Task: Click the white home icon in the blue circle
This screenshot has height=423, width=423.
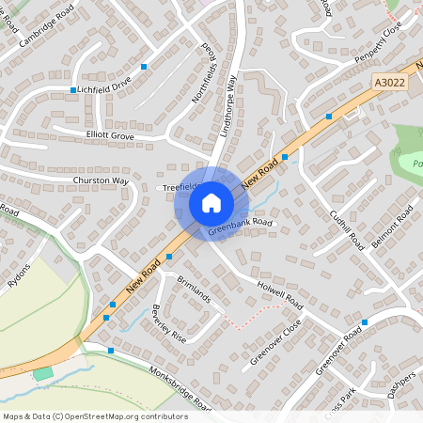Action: (x=211, y=201)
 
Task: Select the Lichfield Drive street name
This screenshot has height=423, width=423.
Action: (x=105, y=86)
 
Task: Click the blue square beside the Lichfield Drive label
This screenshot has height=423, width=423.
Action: (x=72, y=90)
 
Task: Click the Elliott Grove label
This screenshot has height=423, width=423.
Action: (x=110, y=135)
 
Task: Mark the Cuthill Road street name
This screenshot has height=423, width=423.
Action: (x=346, y=227)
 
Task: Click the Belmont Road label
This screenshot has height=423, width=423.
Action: (x=392, y=228)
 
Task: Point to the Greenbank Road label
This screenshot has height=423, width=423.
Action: (x=240, y=225)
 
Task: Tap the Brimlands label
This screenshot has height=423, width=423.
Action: (x=195, y=289)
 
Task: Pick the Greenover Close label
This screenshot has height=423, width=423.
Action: (x=275, y=341)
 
